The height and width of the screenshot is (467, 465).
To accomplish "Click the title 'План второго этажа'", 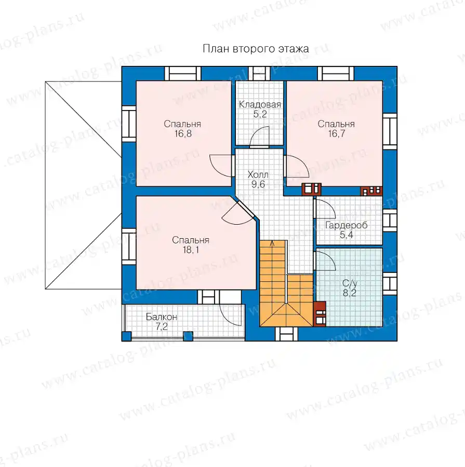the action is coord(256,49).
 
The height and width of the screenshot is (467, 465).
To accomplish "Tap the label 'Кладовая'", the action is coord(260,104).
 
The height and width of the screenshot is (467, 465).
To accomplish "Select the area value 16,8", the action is coord(183,134).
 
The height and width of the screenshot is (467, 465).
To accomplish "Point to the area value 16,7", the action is coord(337,134).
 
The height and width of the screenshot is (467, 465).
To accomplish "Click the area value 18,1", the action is coord(191,250).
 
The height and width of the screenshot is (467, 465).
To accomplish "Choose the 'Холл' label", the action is coord(258,174).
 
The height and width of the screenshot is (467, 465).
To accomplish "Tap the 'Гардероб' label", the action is coord(346,226).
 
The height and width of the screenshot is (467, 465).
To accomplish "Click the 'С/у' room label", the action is coord(350,283).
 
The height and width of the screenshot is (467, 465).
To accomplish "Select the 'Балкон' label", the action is coord(162,317).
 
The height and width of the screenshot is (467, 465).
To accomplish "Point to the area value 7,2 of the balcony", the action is coord(162,327).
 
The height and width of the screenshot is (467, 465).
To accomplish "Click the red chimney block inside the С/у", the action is coord(320,314).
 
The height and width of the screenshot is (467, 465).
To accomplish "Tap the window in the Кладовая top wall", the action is coord(259,73).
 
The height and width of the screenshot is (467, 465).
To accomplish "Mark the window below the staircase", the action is coord(286,334).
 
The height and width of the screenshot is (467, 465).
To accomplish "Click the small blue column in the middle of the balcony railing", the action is coord(188,336).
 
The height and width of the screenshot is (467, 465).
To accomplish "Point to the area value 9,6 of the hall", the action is coord(258,184).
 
